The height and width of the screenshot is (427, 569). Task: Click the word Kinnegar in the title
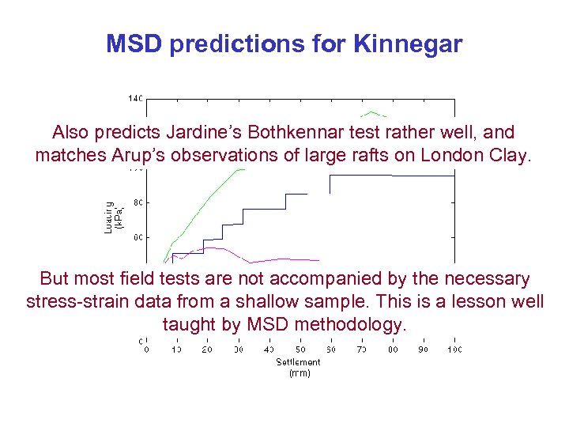[409, 43]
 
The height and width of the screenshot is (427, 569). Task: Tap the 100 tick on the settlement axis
[454, 349]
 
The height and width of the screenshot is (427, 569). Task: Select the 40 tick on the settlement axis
[269, 349]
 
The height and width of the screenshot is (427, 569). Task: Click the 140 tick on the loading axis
[135, 99]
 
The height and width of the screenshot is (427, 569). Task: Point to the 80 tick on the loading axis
[138, 202]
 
